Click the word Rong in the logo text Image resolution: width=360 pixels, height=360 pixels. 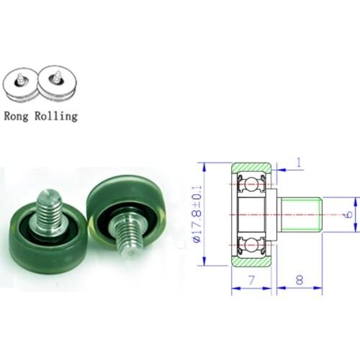click(x=17, y=114)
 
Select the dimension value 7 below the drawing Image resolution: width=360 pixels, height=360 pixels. click(x=251, y=279)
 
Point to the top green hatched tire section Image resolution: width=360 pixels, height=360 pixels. click(x=251, y=168)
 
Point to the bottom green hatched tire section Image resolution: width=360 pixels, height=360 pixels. click(x=251, y=262)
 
